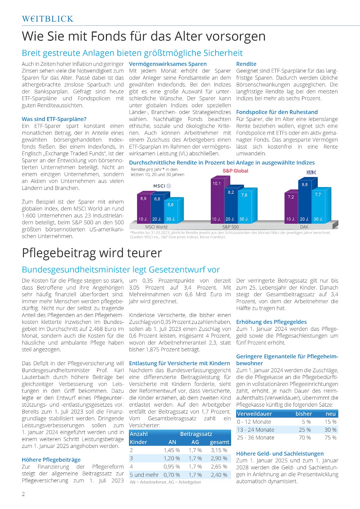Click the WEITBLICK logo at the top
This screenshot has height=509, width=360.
pos(48,19)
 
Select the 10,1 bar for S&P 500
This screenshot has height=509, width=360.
pos(217,200)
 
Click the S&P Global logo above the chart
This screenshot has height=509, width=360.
pos(235,171)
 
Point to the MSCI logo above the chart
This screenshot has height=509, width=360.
pos(162,186)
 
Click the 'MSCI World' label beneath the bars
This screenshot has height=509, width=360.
pos(156,227)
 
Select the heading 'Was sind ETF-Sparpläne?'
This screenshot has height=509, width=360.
pos(54,119)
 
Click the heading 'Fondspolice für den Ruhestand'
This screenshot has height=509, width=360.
pos(277,112)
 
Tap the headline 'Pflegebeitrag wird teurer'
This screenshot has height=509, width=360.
pos(92,253)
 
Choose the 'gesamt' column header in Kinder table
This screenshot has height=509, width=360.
pos(219,442)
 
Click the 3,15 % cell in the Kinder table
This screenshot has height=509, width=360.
pos(219,450)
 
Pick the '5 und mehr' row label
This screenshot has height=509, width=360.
pos(144,475)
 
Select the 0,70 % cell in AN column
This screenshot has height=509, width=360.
pos(172,475)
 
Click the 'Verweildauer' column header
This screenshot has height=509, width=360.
pos(254,414)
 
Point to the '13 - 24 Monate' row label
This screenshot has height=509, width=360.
pos(256,429)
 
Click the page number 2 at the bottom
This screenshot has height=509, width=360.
pos(23,494)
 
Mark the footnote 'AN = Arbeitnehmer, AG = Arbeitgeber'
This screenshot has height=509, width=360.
pos(165,482)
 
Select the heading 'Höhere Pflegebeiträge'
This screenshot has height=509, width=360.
pos(51,460)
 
